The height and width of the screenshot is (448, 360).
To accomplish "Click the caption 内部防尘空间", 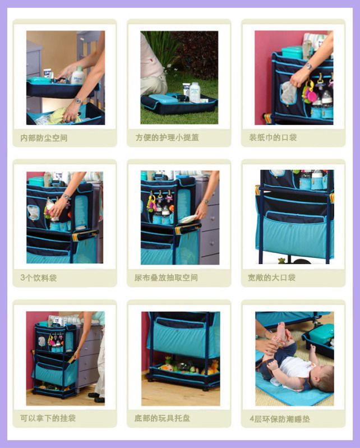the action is pos(44,138).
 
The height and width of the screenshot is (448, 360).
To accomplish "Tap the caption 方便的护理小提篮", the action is pos(167,138).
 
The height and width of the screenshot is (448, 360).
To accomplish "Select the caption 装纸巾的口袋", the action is pos(273,137).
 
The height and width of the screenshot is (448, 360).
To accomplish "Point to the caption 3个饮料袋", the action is pos(39,278).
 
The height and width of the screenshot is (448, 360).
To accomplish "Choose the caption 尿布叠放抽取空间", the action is pos(166,278).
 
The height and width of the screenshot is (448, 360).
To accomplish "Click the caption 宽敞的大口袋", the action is pos(272,278).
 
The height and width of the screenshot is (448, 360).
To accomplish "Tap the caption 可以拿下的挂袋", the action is pos(48,418).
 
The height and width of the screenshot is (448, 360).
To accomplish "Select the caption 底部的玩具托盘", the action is pos(162,418).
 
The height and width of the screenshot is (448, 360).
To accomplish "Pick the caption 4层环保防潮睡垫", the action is pos(280,419).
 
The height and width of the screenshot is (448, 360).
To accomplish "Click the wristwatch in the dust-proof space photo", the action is pos(77,100).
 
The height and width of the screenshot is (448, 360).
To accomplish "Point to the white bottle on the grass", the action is pos(195,93).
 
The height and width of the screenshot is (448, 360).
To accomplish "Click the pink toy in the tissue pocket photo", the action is pos(311,96).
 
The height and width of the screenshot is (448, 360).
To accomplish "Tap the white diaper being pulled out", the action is pos(188,219).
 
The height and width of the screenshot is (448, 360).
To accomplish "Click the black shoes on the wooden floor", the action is pos(96,397).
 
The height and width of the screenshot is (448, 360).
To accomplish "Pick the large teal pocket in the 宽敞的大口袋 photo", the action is pos(295,235).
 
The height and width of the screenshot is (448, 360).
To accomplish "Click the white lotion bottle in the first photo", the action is pos(78,76).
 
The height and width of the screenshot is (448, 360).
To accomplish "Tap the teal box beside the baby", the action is pos(321,334).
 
